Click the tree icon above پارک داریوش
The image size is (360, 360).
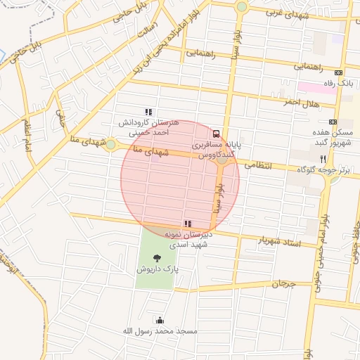[x=156, y=258]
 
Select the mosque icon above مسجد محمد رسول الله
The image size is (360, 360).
[x=160, y=320]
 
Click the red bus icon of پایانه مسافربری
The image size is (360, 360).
[x=216, y=134]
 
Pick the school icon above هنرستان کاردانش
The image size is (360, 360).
[x=148, y=112]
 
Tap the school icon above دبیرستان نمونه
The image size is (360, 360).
[x=187, y=224]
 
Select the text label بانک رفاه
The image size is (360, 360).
[x=336, y=84]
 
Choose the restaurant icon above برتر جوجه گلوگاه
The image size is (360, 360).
[x=323, y=159]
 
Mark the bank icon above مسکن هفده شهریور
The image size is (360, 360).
[x=333, y=122]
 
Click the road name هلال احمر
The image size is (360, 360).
[x=301, y=103]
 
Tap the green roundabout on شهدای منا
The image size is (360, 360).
[x=110, y=144]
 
